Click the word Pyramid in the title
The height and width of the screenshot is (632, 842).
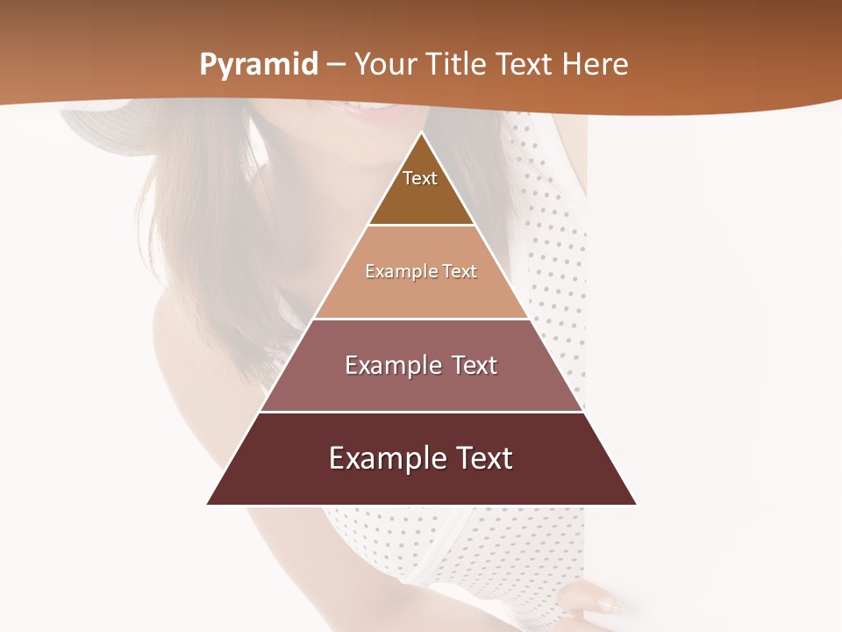[258, 65]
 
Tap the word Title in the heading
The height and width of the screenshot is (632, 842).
[457, 65]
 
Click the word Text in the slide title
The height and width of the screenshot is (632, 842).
[525, 65]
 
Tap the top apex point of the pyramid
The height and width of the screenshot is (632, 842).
[421, 133]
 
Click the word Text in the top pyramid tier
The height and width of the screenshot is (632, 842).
[420, 178]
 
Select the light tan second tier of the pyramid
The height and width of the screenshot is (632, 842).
[421, 294]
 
